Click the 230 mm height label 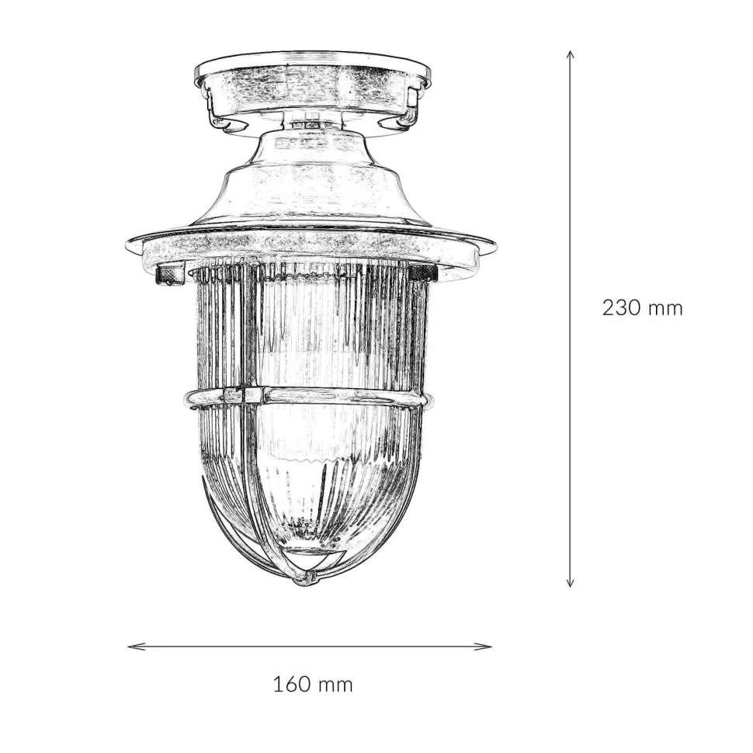[x=642, y=307]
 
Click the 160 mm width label [x=313, y=684]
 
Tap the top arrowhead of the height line [x=571, y=55]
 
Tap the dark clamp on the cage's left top [x=170, y=275]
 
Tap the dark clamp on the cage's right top [x=424, y=272]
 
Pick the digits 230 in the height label [x=621, y=307]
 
